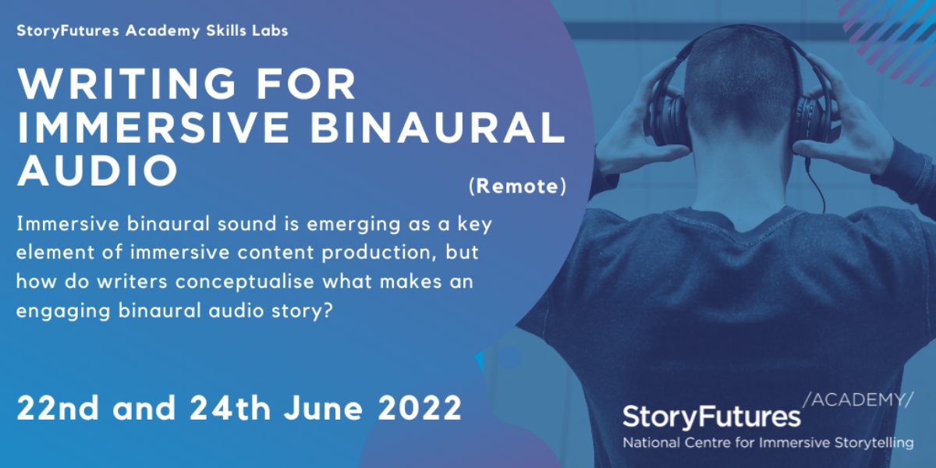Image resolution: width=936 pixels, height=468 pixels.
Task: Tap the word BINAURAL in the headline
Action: coord(437,126)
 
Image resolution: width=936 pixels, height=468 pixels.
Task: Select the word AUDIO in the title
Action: coord(97,170)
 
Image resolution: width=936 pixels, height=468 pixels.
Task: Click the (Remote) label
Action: coord(517,186)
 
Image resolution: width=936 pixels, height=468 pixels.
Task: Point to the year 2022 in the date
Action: coord(420,408)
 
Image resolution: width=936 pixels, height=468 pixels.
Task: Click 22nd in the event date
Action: coord(58,408)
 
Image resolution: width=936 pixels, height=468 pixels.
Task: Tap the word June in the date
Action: coord(323,408)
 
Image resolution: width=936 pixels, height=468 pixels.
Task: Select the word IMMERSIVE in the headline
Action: coord(153,126)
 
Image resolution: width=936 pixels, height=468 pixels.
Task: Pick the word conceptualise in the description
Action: coord(244,282)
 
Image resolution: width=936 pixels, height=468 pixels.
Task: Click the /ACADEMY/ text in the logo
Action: coord(858,400)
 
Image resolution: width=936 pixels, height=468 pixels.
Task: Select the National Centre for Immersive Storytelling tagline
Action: coord(768,443)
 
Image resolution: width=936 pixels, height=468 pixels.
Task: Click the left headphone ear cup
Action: coord(668,117)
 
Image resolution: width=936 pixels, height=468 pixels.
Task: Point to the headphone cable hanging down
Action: coord(815,184)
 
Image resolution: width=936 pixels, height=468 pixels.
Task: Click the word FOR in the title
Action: coord(306,83)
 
